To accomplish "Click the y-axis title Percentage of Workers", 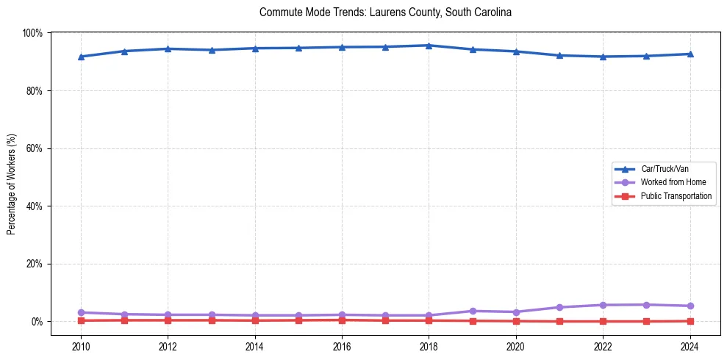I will click(12, 184).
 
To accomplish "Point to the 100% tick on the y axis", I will click(32, 33).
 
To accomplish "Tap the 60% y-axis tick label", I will click(34, 148).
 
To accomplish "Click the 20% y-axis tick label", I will click(34, 264).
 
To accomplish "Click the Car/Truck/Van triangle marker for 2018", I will click(429, 46).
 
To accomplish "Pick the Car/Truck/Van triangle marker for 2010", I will click(81, 57).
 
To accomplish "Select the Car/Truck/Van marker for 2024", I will click(690, 54).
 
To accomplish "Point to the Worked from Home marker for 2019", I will click(473, 311).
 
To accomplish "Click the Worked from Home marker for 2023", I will click(646, 305).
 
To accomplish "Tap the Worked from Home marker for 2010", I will click(81, 312).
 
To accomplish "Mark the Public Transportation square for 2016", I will click(342, 320).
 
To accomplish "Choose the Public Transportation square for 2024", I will click(690, 321).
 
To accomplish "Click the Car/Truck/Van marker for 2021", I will click(559, 55).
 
